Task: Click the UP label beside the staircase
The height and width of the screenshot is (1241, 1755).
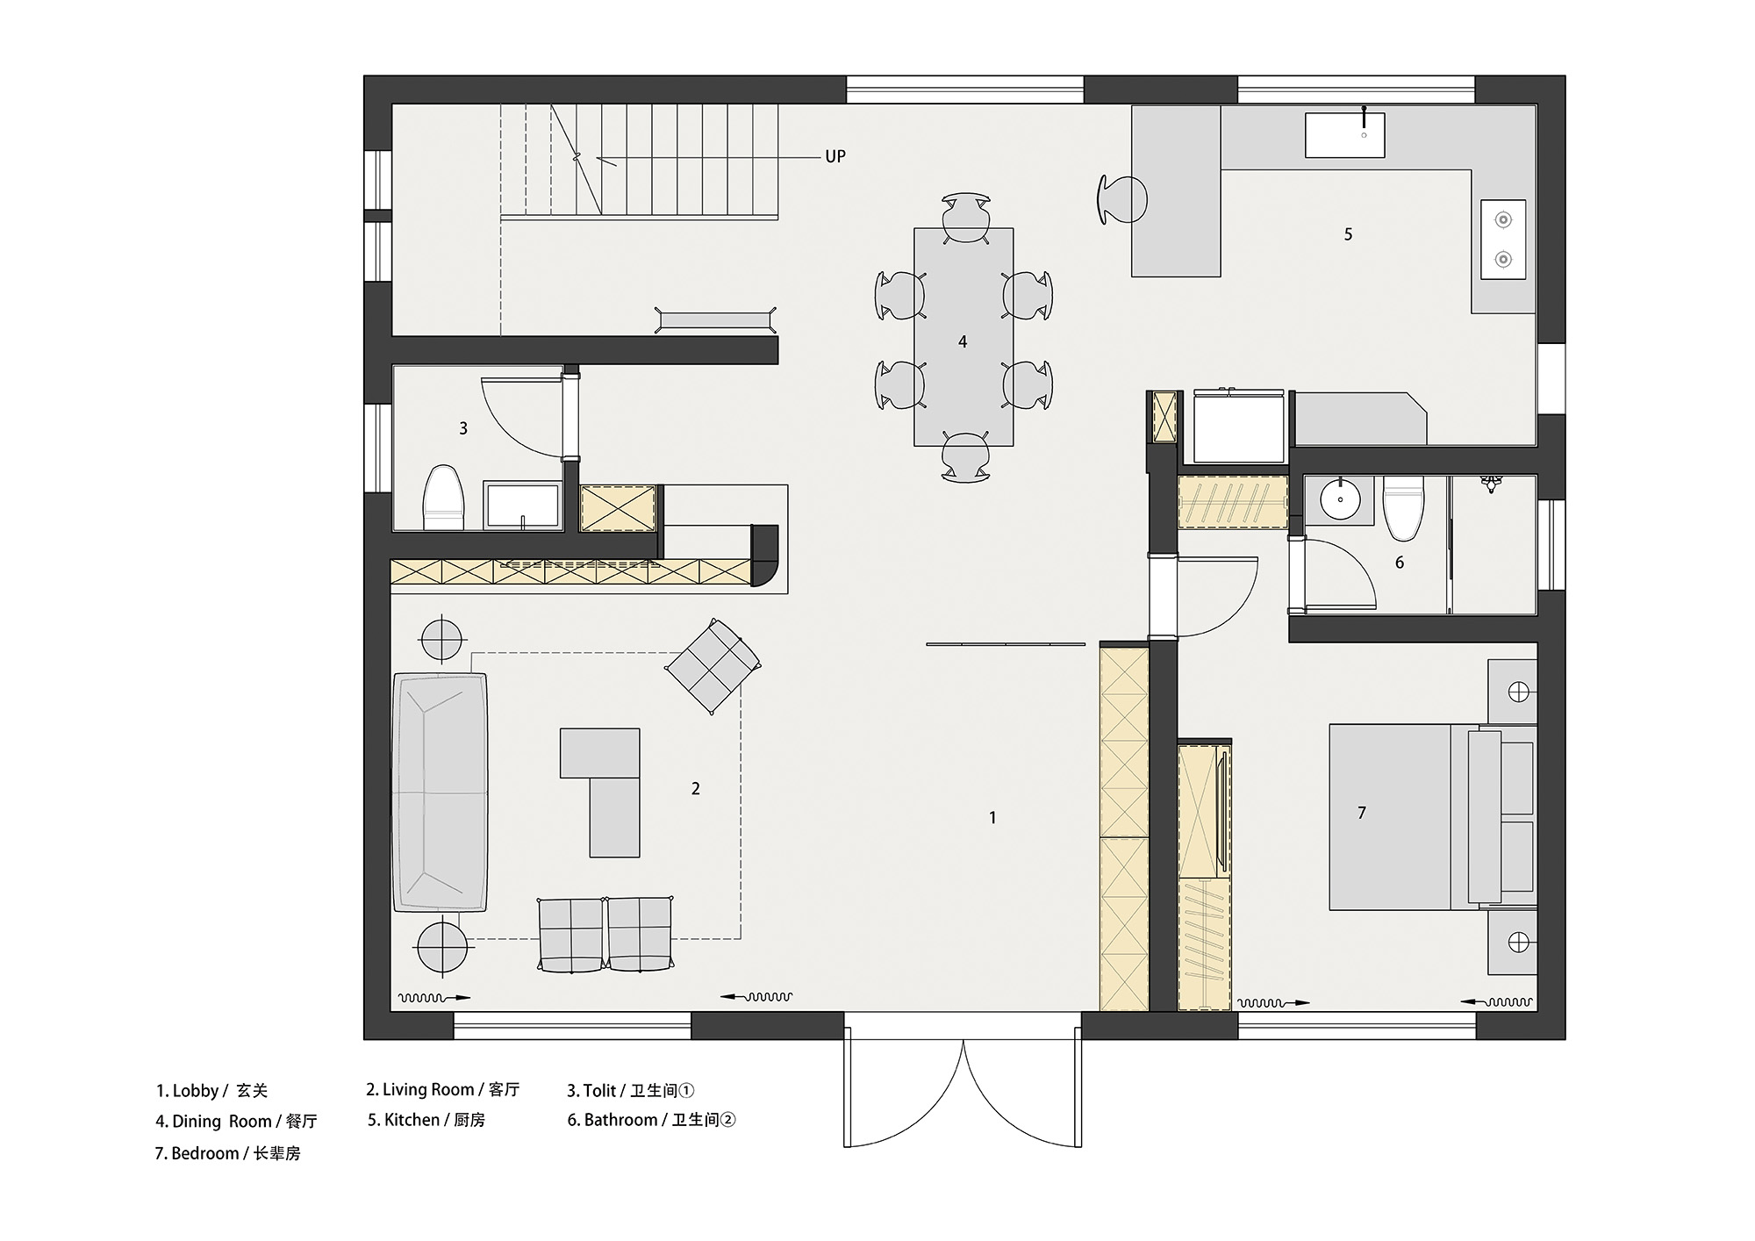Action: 835,156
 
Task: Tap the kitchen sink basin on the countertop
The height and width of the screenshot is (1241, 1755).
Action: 1344,135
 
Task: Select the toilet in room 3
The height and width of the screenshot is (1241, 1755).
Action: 442,498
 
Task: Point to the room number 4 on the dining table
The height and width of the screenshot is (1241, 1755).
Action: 963,341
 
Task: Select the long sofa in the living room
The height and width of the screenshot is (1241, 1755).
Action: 440,793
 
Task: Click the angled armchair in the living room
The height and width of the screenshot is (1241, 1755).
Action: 713,666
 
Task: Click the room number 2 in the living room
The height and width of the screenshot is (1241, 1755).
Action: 696,789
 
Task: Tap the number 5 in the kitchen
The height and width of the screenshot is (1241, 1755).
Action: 1349,234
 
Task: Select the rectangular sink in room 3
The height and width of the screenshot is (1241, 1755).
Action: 523,505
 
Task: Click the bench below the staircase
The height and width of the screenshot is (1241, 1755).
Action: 716,319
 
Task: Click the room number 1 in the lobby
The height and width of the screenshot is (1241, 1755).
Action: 992,818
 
